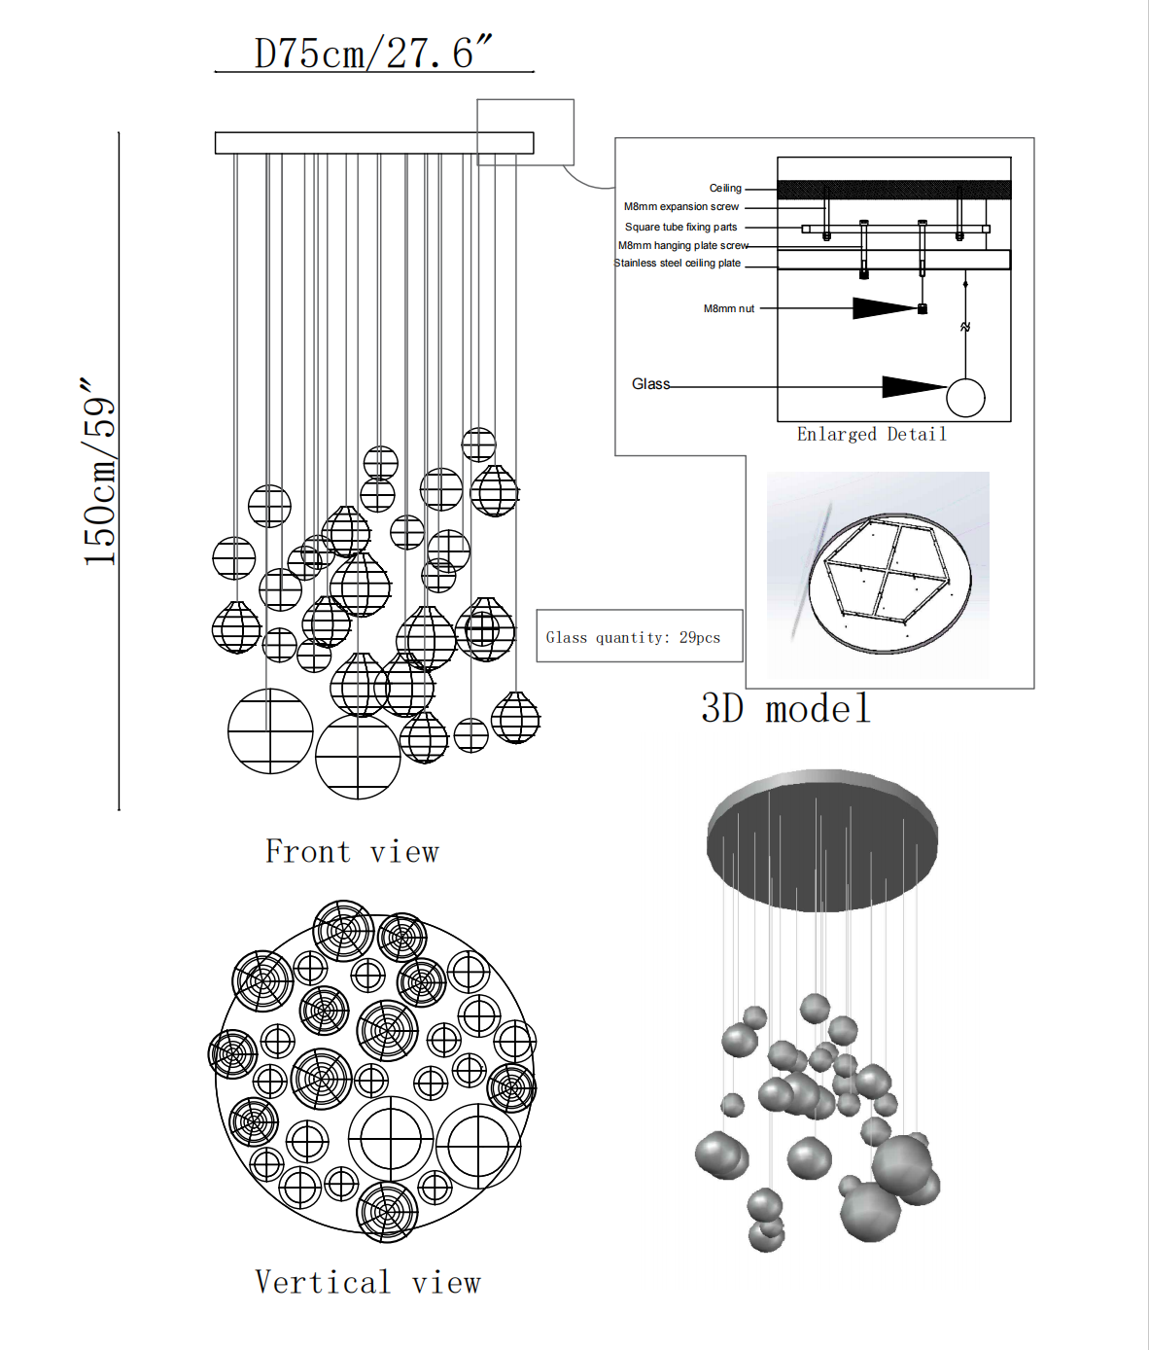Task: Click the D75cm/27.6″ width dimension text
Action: click(x=373, y=53)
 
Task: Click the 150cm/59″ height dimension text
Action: click(x=100, y=472)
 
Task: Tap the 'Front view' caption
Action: click(x=352, y=852)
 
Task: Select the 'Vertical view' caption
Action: click(x=367, y=1282)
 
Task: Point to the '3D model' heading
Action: click(x=785, y=709)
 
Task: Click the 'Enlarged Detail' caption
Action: click(x=871, y=435)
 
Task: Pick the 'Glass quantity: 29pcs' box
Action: click(x=639, y=636)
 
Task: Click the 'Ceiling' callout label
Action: click(x=725, y=188)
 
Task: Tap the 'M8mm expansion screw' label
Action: click(x=680, y=206)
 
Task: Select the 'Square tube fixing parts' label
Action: click(x=680, y=227)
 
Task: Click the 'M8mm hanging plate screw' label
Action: click(x=682, y=245)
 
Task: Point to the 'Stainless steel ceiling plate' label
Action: click(x=678, y=263)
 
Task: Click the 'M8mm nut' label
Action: click(x=728, y=308)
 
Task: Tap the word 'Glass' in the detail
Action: click(x=650, y=384)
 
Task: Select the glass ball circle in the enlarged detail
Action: click(x=965, y=398)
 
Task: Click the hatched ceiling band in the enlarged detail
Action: click(x=893, y=190)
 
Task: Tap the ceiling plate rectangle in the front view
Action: click(x=374, y=143)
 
